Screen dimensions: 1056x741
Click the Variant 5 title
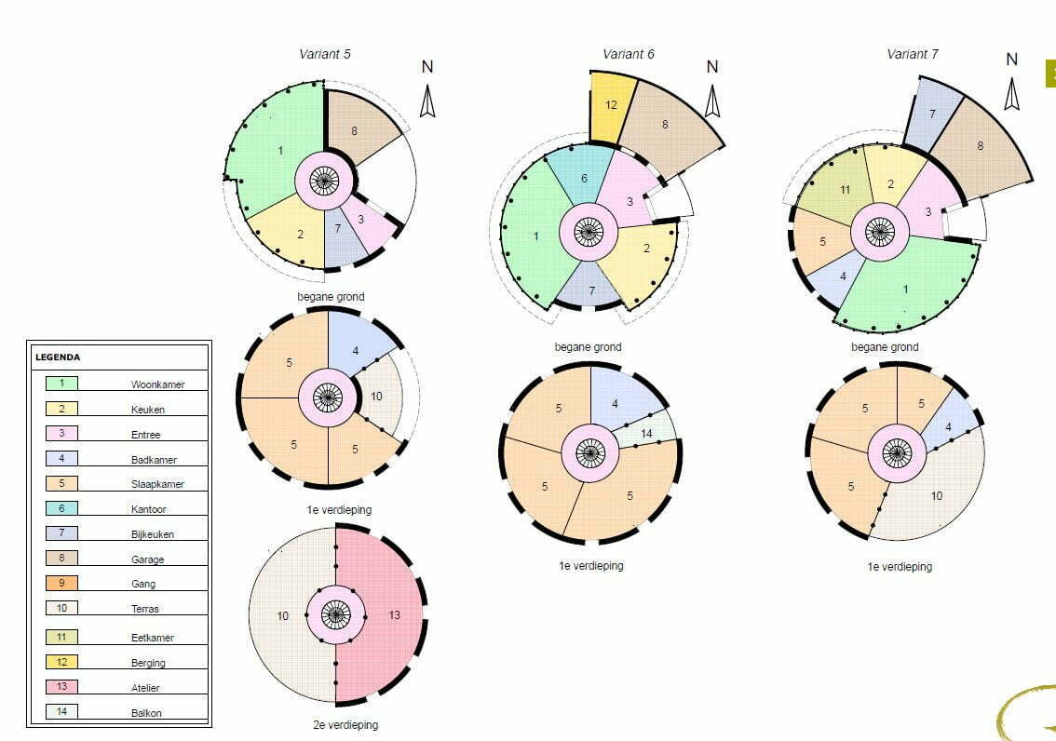[325, 54]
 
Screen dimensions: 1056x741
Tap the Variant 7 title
[912, 54]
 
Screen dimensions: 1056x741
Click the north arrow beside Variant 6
[712, 101]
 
